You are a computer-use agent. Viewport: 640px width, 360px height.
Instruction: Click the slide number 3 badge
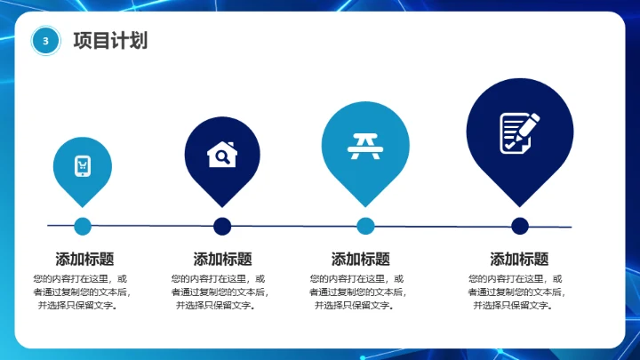(45, 40)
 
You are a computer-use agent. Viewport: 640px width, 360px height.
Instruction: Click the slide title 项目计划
(110, 41)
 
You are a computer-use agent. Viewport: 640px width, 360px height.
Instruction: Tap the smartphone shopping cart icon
(83, 166)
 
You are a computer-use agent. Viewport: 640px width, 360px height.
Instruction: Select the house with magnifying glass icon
(222, 155)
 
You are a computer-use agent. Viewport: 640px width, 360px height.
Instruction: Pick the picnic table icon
(365, 145)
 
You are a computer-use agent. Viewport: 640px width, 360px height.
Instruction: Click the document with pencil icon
(519, 132)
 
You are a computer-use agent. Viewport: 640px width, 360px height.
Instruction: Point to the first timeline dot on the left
(83, 226)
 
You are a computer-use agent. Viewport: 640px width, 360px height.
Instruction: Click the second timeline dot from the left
(222, 226)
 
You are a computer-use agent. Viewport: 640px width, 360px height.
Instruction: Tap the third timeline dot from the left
(365, 226)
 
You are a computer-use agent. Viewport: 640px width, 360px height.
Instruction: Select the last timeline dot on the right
(520, 226)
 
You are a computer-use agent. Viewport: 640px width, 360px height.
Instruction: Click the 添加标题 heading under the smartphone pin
(84, 260)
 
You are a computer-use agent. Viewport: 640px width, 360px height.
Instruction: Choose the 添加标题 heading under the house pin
(222, 260)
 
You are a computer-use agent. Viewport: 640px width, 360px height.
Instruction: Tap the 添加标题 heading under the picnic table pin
(361, 260)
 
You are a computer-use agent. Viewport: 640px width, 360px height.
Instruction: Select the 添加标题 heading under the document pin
(519, 260)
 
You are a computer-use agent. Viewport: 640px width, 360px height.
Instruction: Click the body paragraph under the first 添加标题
(80, 292)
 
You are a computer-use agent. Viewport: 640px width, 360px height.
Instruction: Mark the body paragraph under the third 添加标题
(357, 292)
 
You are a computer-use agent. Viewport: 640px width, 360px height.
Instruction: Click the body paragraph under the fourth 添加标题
(516, 292)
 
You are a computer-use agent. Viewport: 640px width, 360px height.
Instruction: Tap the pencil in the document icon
(527, 125)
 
